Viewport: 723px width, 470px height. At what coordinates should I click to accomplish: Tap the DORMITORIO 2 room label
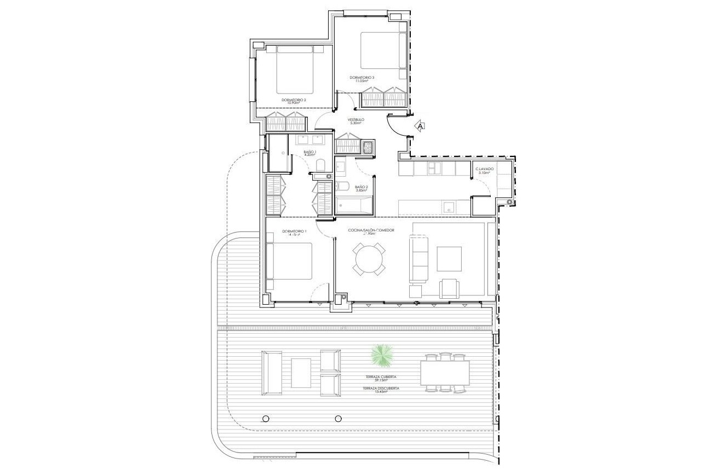(x=294, y=100)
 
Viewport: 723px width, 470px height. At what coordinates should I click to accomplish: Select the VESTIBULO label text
(x=355, y=120)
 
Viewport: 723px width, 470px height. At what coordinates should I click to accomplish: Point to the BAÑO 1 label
(x=311, y=153)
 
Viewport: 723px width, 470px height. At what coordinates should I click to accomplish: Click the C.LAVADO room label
(x=485, y=170)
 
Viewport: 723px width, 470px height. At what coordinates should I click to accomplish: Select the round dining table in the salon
(x=369, y=259)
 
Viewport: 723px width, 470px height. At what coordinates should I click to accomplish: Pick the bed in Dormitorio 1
(x=290, y=262)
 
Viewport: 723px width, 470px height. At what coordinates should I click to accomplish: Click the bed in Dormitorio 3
(x=381, y=50)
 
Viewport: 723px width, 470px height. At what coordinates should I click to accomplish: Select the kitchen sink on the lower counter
(x=449, y=207)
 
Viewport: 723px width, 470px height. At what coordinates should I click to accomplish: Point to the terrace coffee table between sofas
(x=301, y=372)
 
